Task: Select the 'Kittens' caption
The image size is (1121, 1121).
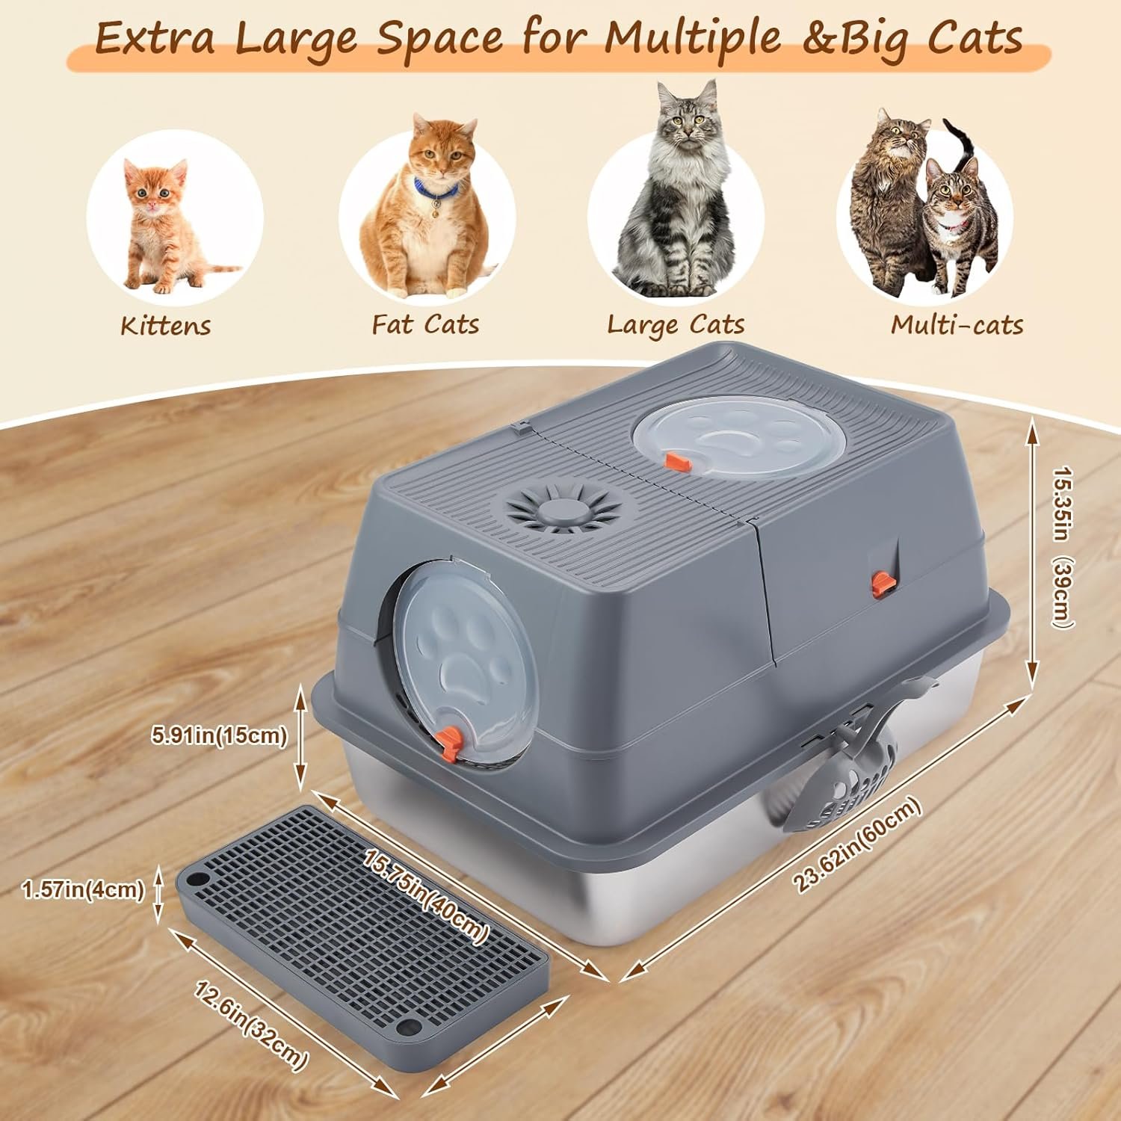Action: point(165,326)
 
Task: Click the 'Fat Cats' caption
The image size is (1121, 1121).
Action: point(425,324)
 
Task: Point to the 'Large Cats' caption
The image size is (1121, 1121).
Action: point(676,324)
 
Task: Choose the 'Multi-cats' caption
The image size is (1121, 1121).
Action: point(957,324)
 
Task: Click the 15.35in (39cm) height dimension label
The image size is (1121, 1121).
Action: point(1063,548)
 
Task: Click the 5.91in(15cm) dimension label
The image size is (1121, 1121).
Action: point(219,735)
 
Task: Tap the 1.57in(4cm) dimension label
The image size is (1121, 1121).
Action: point(83,889)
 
